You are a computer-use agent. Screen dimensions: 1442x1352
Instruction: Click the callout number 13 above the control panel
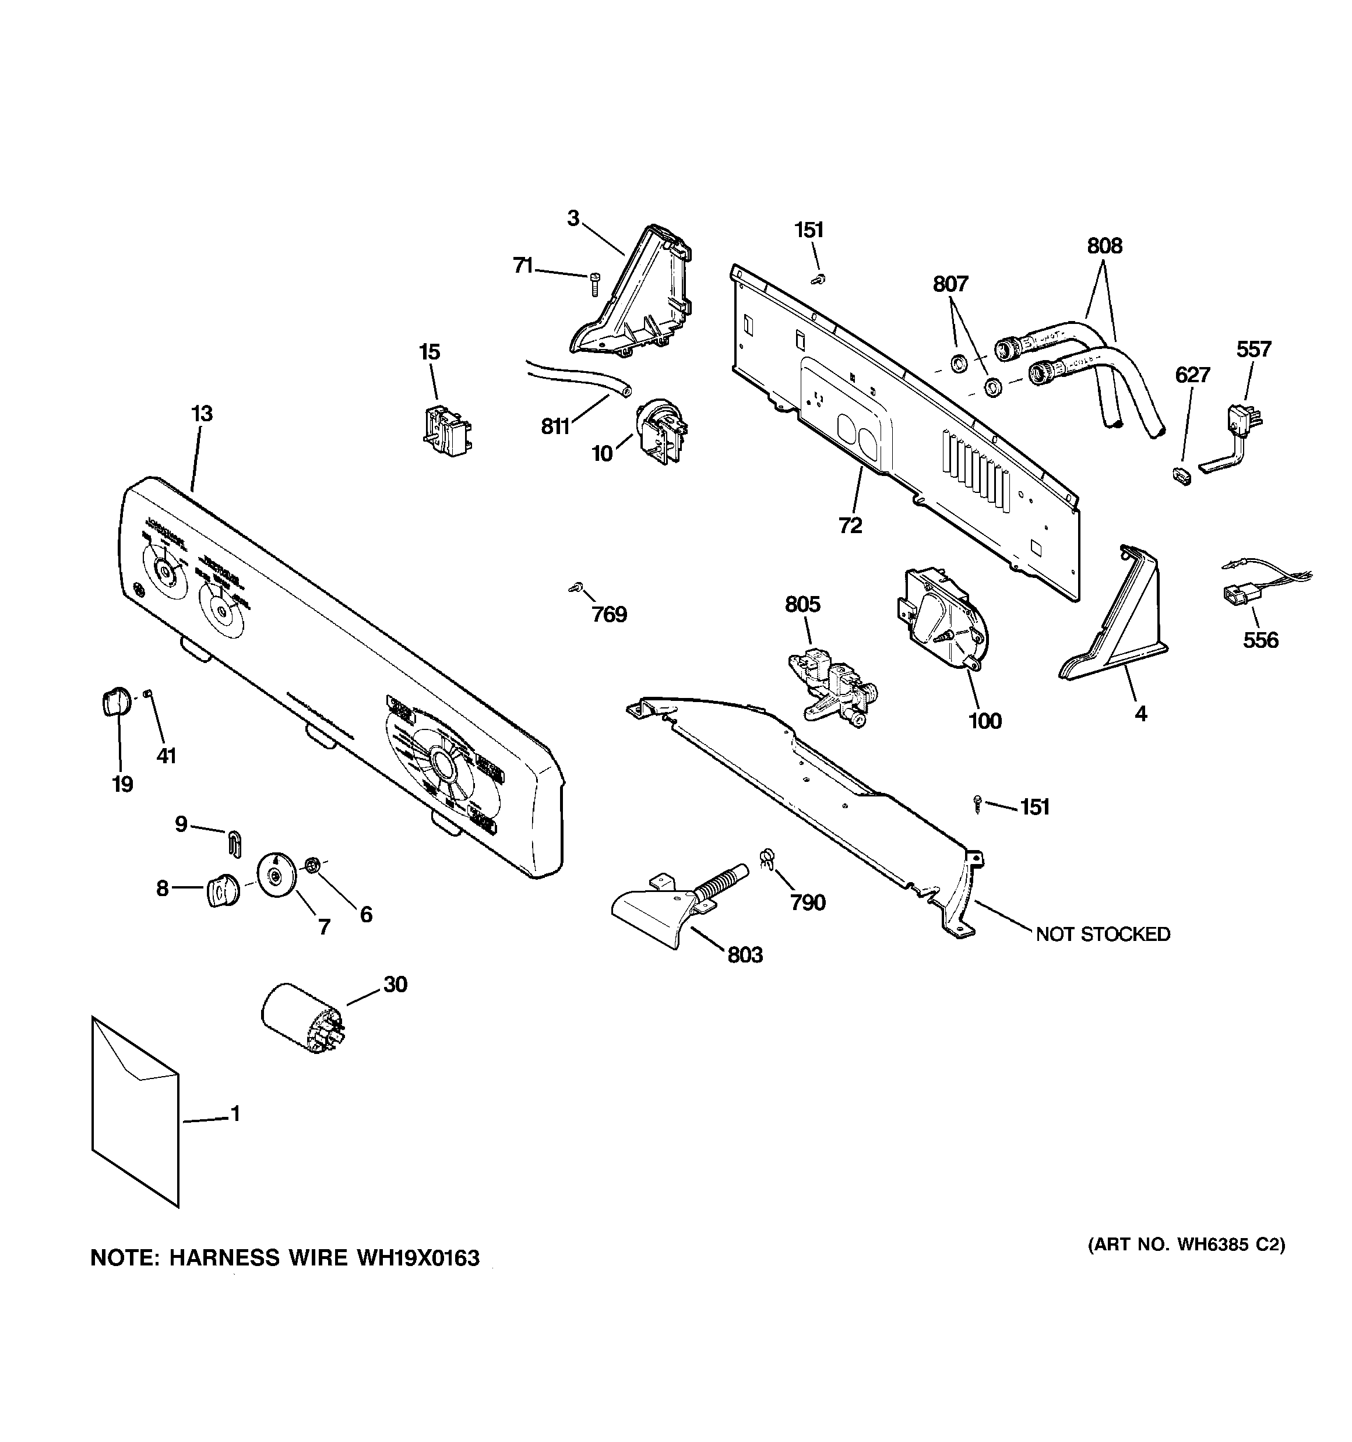tap(202, 414)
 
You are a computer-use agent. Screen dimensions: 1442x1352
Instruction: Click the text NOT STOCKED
tap(1103, 935)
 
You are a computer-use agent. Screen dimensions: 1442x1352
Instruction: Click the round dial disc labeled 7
tap(276, 874)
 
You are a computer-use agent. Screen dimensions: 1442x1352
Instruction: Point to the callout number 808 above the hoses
tap(1104, 246)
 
